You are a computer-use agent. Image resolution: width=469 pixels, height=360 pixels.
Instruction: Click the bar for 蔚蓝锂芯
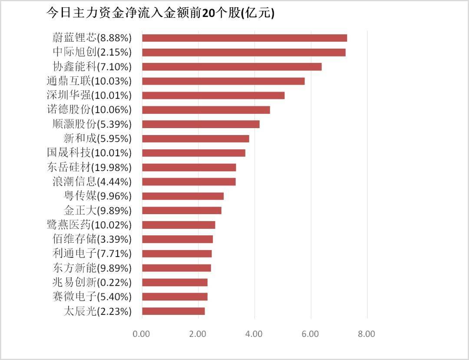pyautogui.click(x=244, y=38)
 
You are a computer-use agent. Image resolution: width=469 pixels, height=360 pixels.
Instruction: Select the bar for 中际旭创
pyautogui.click(x=244, y=52)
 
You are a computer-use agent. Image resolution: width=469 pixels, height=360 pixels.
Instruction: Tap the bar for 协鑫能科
pyautogui.click(x=232, y=66)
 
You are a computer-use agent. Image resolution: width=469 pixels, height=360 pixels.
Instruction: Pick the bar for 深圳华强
pyautogui.click(x=213, y=95)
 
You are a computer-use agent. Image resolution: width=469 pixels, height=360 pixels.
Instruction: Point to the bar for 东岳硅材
pyautogui.click(x=189, y=167)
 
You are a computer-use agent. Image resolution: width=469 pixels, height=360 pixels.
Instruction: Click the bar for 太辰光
pyautogui.click(x=173, y=311)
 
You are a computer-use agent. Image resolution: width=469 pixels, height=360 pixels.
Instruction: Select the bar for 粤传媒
pyautogui.click(x=183, y=196)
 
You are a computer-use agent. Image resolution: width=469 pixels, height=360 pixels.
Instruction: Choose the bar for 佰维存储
pyautogui.click(x=177, y=239)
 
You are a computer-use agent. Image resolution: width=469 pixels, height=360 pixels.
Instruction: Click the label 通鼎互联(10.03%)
pyautogui.click(x=89, y=81)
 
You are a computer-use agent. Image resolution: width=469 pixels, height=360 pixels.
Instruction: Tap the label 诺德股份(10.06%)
pyautogui.click(x=89, y=109)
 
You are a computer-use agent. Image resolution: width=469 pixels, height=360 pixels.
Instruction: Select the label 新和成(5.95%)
pyautogui.click(x=97, y=139)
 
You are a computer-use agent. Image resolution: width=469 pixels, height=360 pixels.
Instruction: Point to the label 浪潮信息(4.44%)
pyautogui.click(x=89, y=182)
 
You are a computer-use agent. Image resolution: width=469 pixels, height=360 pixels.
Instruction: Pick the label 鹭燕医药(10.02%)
pyautogui.click(x=89, y=225)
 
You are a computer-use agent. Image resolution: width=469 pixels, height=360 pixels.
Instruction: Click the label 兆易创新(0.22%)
pyautogui.click(x=91, y=282)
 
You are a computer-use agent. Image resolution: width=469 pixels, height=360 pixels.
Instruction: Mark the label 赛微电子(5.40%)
pyautogui.click(x=91, y=297)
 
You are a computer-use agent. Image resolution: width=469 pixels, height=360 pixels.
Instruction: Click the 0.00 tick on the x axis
pyautogui.click(x=142, y=334)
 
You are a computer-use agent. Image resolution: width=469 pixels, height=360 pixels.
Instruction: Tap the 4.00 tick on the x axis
pyautogui.click(x=254, y=334)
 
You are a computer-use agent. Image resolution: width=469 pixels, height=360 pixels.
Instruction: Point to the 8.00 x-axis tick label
pyautogui.click(x=367, y=334)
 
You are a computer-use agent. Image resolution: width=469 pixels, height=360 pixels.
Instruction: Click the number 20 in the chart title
pyautogui.click(x=208, y=13)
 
